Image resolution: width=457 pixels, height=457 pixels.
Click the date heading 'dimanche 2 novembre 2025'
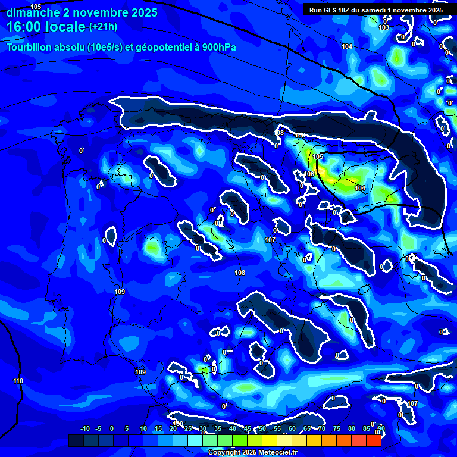[x=82, y=12]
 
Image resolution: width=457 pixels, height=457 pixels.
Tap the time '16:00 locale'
[x=47, y=27]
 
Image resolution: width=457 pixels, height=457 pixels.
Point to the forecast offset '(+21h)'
[x=103, y=27]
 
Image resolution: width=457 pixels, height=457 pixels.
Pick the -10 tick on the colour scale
[x=85, y=429]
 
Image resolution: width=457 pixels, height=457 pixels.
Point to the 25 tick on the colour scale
[x=188, y=429]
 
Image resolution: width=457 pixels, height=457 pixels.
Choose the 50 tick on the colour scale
[x=262, y=429]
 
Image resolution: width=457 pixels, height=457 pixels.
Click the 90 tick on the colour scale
[x=381, y=429]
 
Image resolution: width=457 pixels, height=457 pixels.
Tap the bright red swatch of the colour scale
[x=373, y=440]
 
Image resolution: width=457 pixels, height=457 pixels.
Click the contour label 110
[x=18, y=381]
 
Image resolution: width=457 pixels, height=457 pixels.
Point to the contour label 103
[x=384, y=28]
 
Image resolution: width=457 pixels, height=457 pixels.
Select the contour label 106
[x=309, y=174]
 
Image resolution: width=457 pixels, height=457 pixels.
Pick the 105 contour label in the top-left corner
[x=36, y=7]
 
